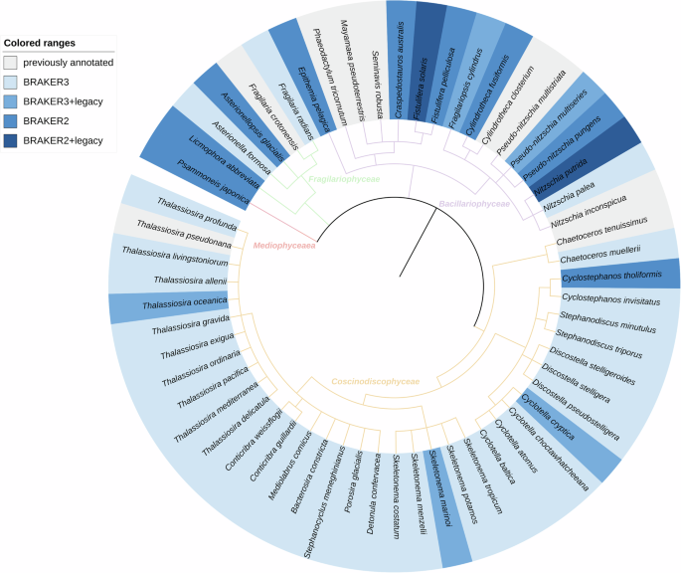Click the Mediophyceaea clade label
283,245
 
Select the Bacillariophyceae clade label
480,204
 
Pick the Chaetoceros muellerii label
596,257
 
